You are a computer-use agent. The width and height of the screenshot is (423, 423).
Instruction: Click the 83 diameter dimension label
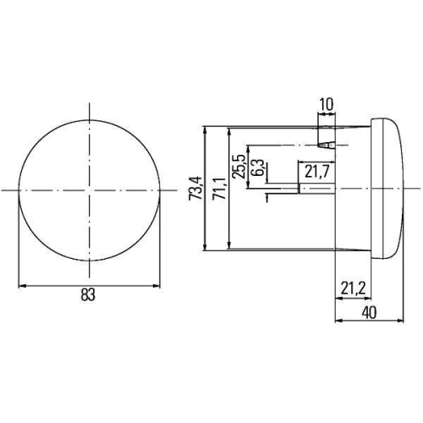coord(89,295)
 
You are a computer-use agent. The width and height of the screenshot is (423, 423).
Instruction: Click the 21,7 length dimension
coord(317,173)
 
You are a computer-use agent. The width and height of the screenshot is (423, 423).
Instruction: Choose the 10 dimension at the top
coord(327,105)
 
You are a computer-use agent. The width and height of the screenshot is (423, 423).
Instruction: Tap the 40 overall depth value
coord(369,312)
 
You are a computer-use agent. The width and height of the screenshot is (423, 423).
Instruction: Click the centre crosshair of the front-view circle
coord(89,190)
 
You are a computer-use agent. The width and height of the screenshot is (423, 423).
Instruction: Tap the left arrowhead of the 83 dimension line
coord(20,285)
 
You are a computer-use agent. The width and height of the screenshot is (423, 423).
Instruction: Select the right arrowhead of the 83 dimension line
coord(157,285)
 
